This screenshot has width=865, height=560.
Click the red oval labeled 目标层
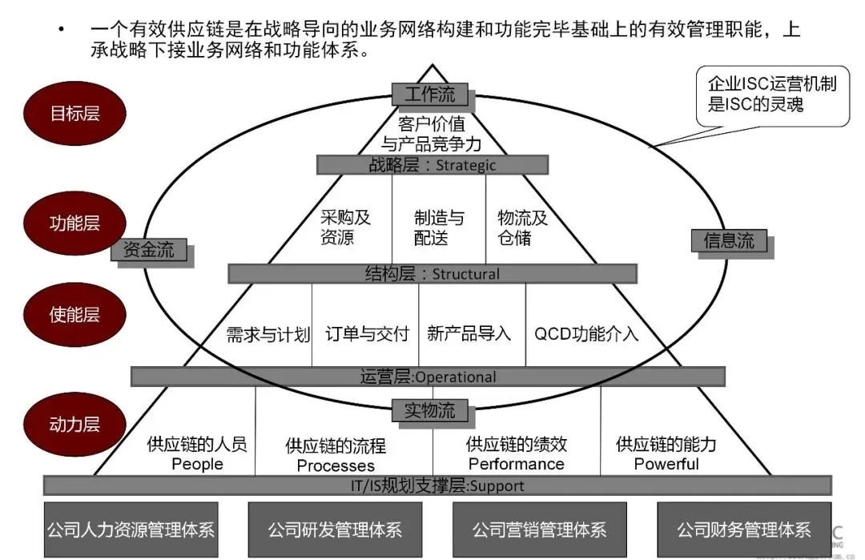[74, 113]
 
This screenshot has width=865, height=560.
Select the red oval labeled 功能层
[74, 223]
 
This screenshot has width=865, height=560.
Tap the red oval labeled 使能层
[74, 314]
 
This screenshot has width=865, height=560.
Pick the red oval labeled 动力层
[74, 423]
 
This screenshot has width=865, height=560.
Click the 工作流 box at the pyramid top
[430, 95]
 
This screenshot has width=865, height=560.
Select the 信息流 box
[729, 241]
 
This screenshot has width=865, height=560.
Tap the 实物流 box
[429, 411]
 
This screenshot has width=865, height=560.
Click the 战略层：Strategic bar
[432, 165]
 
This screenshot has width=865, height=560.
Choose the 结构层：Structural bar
[432, 274]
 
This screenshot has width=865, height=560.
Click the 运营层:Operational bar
[428, 377]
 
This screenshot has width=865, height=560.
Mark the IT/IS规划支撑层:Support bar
[437, 485]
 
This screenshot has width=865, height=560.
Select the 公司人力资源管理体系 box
[131, 530]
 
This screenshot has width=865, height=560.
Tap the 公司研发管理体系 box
[335, 530]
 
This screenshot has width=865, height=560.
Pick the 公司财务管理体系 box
[743, 530]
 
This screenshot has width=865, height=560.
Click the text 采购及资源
[345, 228]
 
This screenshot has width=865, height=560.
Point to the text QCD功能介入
[586, 333]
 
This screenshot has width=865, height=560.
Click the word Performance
[516, 464]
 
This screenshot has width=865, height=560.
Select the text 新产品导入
[469, 333]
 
